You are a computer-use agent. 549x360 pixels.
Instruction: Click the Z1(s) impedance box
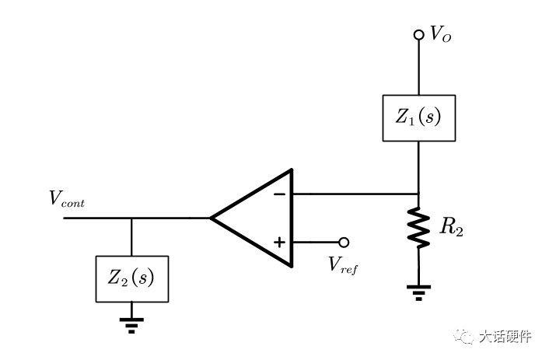418,118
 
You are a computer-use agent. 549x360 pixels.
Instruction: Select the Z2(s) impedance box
131,278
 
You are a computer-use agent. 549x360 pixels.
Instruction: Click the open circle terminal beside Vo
419,34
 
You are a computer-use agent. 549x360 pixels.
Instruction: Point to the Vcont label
67,199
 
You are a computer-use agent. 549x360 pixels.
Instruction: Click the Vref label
343,264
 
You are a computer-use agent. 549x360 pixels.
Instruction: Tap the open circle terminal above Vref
344,243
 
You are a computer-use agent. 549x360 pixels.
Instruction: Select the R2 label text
452,229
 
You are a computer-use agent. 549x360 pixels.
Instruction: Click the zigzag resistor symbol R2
419,228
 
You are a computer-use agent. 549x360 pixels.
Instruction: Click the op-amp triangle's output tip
212,218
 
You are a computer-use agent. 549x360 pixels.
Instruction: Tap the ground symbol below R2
419,292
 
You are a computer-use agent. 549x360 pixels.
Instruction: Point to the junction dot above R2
419,193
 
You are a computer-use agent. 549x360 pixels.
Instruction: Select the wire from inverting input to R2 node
354,193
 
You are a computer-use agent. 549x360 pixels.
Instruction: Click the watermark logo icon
466,337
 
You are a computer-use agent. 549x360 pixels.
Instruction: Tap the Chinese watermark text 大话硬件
505,337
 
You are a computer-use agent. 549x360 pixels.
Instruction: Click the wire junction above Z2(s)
131,218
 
